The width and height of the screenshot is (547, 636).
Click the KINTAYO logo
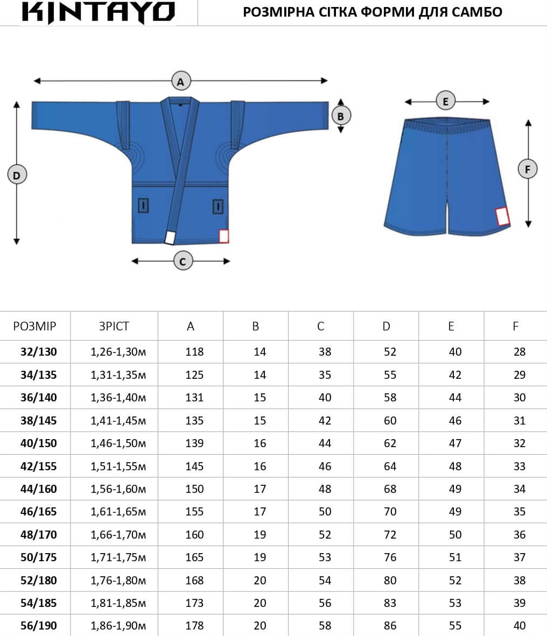tap(98, 12)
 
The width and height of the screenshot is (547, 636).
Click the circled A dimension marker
tap(180, 81)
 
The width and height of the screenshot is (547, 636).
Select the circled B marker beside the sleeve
tap(341, 116)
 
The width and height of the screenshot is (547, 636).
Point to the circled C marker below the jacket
tap(183, 261)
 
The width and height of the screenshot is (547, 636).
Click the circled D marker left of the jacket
tap(17, 175)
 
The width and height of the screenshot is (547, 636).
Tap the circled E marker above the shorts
tap(446, 101)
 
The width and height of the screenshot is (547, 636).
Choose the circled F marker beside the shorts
tap(528, 169)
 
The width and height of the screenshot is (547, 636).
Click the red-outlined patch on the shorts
tap(502, 217)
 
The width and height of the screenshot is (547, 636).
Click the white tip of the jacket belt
tap(170, 237)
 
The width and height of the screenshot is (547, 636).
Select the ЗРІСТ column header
tap(114, 326)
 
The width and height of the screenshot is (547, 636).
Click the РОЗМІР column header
tap(34, 326)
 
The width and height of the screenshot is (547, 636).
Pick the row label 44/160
tap(39, 489)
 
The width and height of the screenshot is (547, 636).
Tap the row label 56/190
tap(39, 625)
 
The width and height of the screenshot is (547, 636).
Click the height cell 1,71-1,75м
tap(118, 557)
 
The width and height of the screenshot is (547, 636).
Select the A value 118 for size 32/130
tap(194, 352)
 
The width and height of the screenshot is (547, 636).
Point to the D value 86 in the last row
tap(390, 625)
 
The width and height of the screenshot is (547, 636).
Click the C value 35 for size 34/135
tap(325, 375)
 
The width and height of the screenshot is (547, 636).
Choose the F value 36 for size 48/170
tap(520, 535)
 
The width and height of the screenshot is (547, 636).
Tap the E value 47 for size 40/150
tap(455, 443)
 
